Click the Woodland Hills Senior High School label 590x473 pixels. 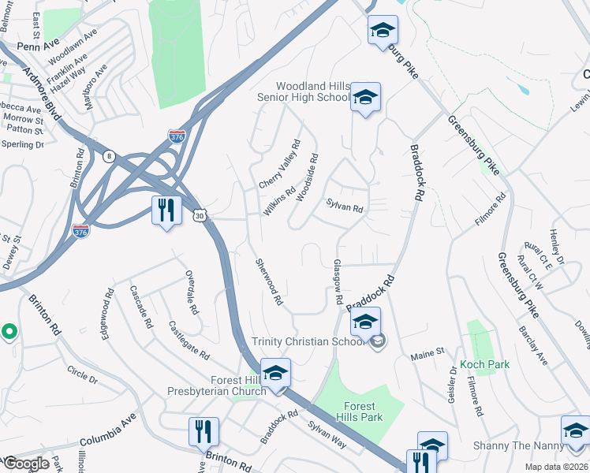click(313, 91)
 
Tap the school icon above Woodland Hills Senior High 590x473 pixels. click(383, 31)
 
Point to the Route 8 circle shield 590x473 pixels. click(108, 156)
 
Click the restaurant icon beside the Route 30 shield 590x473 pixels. click(166, 210)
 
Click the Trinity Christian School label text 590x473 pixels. click(308, 341)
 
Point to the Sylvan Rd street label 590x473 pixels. click(345, 208)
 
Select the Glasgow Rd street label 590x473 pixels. click(338, 282)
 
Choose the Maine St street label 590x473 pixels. click(428, 358)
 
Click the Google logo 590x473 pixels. click(27, 464)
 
